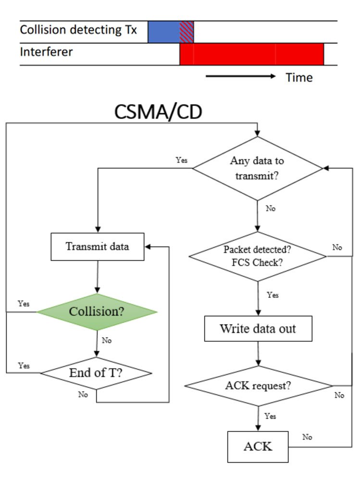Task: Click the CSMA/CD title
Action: [x=158, y=112]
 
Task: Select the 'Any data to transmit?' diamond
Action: [x=257, y=168]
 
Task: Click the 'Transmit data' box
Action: [x=98, y=247]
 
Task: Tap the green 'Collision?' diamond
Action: [x=97, y=312]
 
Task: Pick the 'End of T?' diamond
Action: [x=97, y=373]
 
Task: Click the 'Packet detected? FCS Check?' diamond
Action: [x=258, y=256]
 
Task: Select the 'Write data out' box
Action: [x=258, y=329]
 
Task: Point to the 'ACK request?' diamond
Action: [x=259, y=386]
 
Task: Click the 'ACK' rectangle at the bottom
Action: [x=258, y=446]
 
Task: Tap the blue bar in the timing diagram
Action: [x=163, y=32]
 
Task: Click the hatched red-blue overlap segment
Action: [x=186, y=32]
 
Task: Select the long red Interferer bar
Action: [x=251, y=54]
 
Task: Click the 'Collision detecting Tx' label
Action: [x=78, y=30]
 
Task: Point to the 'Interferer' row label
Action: [x=46, y=52]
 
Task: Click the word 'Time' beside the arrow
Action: [x=299, y=77]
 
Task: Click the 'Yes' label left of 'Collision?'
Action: [x=24, y=303]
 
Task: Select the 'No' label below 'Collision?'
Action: [x=107, y=340]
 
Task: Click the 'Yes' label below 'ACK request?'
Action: [x=270, y=416]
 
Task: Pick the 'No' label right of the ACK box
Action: [x=307, y=437]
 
